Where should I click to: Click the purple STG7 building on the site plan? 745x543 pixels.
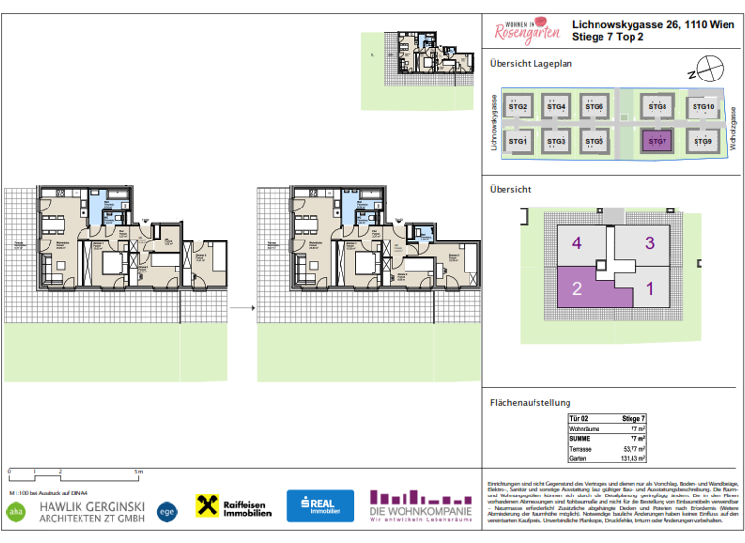point(658,142)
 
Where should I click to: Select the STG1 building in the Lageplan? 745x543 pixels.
point(519,142)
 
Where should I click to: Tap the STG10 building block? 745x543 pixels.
point(704,107)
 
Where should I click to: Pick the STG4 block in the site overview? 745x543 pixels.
point(555,107)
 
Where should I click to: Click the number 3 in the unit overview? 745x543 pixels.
point(649,243)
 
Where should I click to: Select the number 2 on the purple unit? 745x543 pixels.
point(576,288)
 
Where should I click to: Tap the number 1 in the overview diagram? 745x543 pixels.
point(649,288)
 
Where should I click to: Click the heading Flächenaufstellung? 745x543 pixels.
point(530,403)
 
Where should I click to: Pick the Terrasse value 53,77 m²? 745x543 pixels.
point(633,449)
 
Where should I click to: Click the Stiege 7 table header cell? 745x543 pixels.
point(633,418)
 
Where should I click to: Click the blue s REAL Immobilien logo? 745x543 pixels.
point(320,505)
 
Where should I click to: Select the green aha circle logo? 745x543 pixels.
point(16,510)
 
